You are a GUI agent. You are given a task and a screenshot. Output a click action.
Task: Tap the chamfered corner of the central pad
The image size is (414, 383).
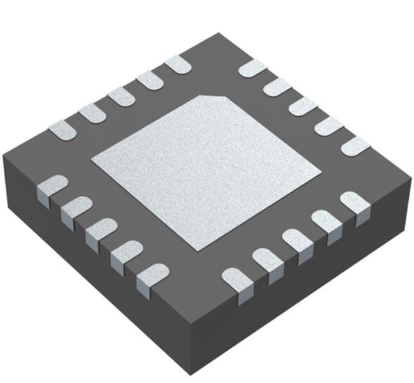point(217,100)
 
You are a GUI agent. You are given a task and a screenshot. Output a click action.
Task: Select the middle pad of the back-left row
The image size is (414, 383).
point(121,96)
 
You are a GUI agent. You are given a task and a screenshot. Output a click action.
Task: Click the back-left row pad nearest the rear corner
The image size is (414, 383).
point(177,64)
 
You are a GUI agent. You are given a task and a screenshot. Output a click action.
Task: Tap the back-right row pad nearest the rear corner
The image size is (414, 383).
point(253,68)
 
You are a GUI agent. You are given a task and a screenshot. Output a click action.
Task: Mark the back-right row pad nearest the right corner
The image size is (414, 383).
point(355,146)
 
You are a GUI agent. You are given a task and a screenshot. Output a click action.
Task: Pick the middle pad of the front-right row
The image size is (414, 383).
point(296,243)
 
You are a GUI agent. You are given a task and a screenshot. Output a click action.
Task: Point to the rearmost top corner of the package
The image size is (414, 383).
point(219,33)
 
